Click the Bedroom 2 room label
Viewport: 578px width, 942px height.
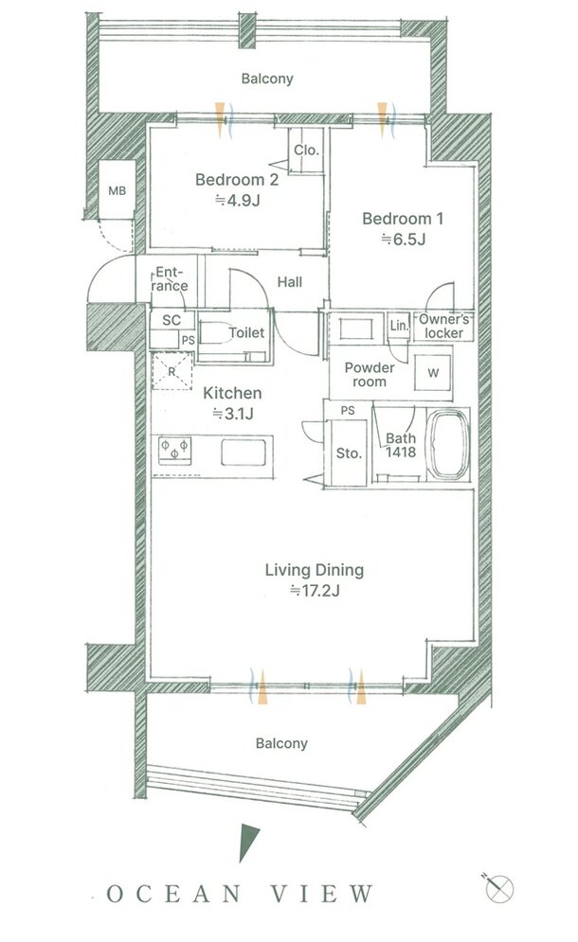[x=237, y=180]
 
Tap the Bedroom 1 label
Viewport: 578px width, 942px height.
[x=403, y=219]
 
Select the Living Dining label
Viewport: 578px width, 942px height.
[x=315, y=570]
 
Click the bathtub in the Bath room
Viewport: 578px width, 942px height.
[x=447, y=445]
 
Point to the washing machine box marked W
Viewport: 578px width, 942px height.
[x=433, y=373]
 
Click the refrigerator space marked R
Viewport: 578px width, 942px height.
[x=172, y=371]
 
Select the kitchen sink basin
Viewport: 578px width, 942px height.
[x=244, y=453]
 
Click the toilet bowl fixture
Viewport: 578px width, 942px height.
[x=215, y=334]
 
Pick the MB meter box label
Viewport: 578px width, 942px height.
[x=117, y=190]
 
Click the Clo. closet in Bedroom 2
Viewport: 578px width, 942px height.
[x=307, y=151]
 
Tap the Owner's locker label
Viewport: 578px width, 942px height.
[x=444, y=327]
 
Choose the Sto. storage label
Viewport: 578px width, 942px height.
[x=349, y=453]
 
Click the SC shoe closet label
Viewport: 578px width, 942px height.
[x=172, y=320]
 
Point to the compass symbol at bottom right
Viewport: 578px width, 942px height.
[x=499, y=887]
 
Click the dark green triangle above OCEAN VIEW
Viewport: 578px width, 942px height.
[x=247, y=842]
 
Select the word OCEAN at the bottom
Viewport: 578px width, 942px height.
[x=173, y=894]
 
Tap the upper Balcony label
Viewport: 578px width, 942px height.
[x=267, y=79]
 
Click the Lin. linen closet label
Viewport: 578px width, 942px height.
[x=399, y=326]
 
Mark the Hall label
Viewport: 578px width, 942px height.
[x=290, y=282]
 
